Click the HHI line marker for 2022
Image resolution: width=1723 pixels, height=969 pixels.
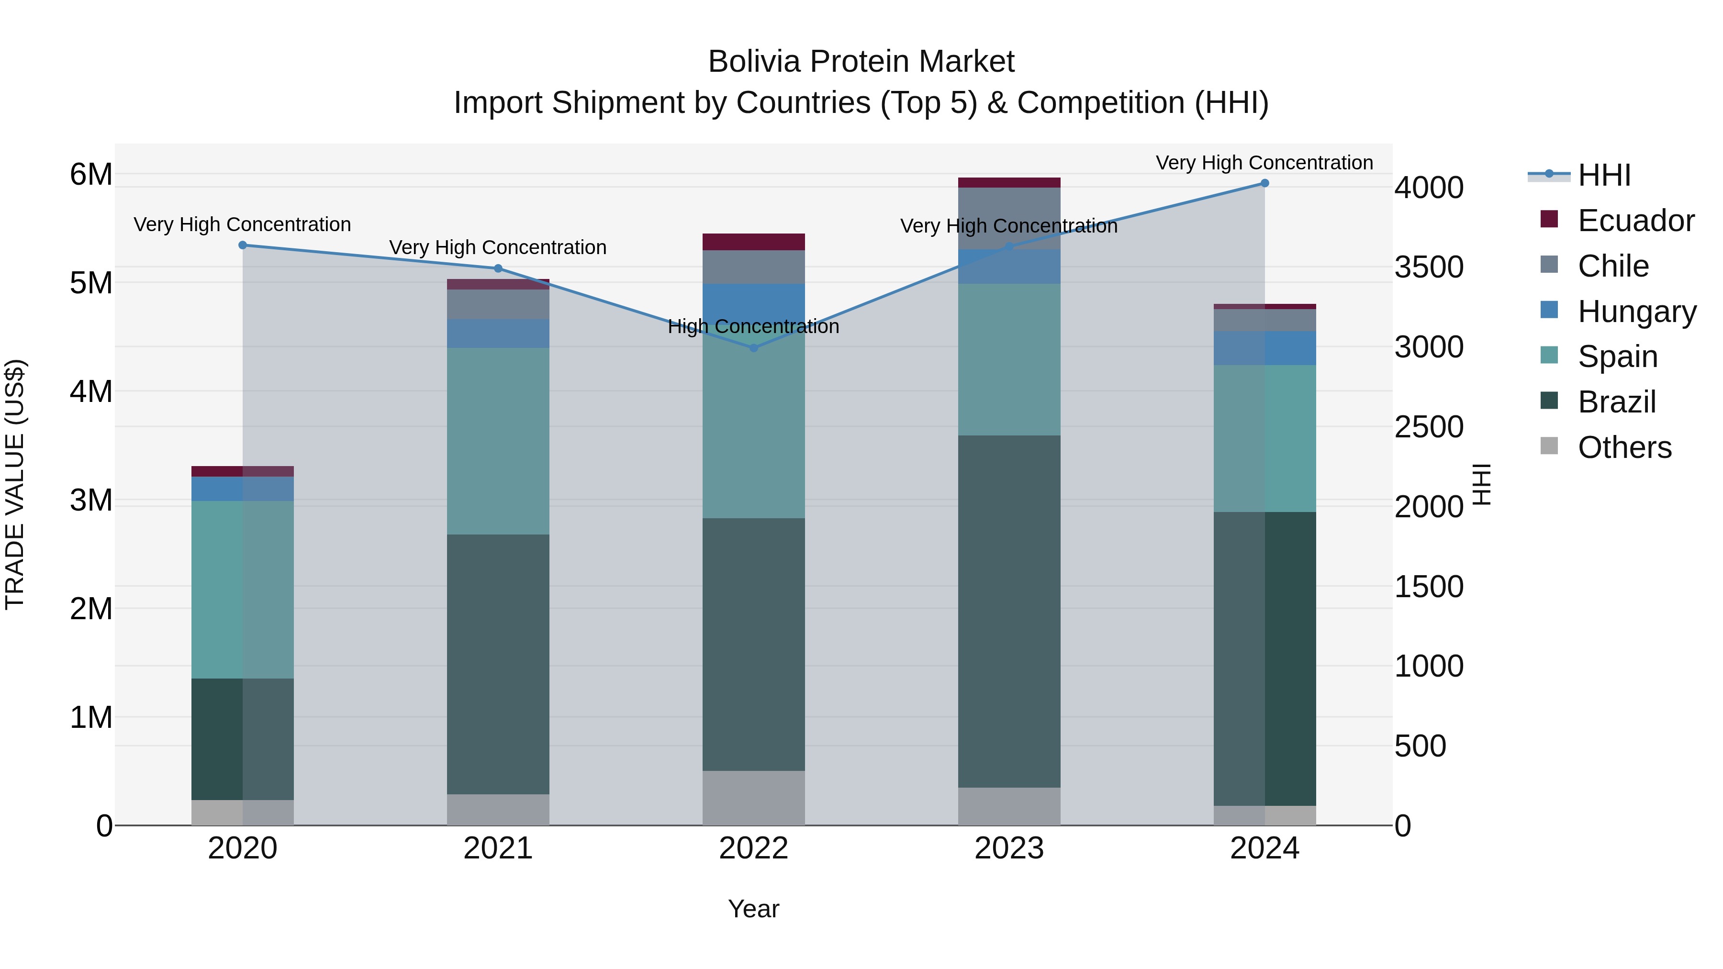(x=754, y=348)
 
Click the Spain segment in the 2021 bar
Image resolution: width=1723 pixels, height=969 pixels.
(x=498, y=441)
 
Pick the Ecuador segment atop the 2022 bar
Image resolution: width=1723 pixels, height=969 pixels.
(x=754, y=242)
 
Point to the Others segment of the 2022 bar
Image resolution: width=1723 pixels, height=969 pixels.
(x=754, y=798)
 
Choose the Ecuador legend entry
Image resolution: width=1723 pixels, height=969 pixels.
(x=1635, y=221)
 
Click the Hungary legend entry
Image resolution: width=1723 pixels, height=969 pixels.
(x=1636, y=312)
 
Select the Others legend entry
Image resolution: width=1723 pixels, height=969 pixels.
(x=1624, y=447)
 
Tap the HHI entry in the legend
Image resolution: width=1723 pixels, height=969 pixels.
(x=1603, y=175)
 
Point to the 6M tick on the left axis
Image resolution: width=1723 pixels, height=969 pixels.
(x=91, y=175)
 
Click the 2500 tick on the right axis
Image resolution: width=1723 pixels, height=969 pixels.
(x=1429, y=427)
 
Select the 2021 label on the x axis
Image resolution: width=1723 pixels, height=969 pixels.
(x=498, y=848)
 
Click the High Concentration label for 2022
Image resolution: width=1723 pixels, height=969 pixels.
(x=754, y=326)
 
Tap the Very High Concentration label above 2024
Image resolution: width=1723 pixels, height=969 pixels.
(x=1264, y=163)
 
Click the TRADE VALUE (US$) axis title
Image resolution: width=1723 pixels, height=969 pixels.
(x=15, y=484)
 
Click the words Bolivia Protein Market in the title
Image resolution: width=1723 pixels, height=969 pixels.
(x=861, y=62)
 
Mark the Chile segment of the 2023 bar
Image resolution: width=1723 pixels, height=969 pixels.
(x=1009, y=218)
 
